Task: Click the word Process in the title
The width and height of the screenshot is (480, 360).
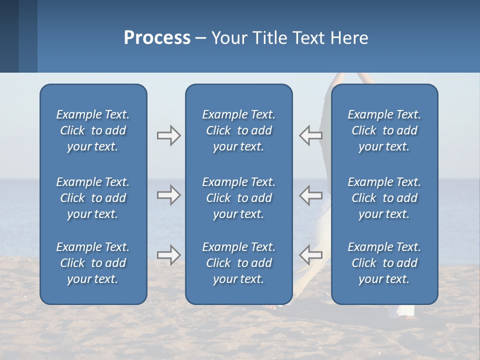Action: click(x=157, y=38)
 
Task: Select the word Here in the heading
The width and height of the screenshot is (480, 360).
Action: click(x=348, y=38)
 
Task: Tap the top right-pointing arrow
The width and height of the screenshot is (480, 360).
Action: click(x=168, y=135)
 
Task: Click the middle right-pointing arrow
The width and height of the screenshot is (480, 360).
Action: click(x=168, y=195)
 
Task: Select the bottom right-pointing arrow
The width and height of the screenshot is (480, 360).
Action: click(x=168, y=255)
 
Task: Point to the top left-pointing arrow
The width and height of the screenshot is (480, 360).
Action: click(x=310, y=135)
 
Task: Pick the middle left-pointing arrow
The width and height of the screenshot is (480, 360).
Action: click(x=310, y=195)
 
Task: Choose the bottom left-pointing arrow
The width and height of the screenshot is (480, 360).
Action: click(x=310, y=255)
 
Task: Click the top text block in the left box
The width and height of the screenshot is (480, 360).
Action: click(x=93, y=130)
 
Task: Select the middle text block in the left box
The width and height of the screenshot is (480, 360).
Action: click(x=93, y=198)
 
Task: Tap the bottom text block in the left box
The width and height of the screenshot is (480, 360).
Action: click(x=93, y=263)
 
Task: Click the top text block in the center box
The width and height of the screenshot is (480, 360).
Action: click(x=239, y=130)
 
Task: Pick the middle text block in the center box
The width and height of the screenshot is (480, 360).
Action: click(x=239, y=198)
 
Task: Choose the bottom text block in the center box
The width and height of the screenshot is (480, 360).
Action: click(x=239, y=263)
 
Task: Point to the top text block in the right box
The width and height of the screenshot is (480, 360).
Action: click(x=384, y=130)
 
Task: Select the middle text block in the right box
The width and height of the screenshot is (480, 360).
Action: click(x=384, y=198)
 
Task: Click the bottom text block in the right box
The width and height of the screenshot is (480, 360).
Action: click(x=384, y=263)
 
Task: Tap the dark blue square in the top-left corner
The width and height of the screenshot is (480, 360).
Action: click(x=9, y=36)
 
